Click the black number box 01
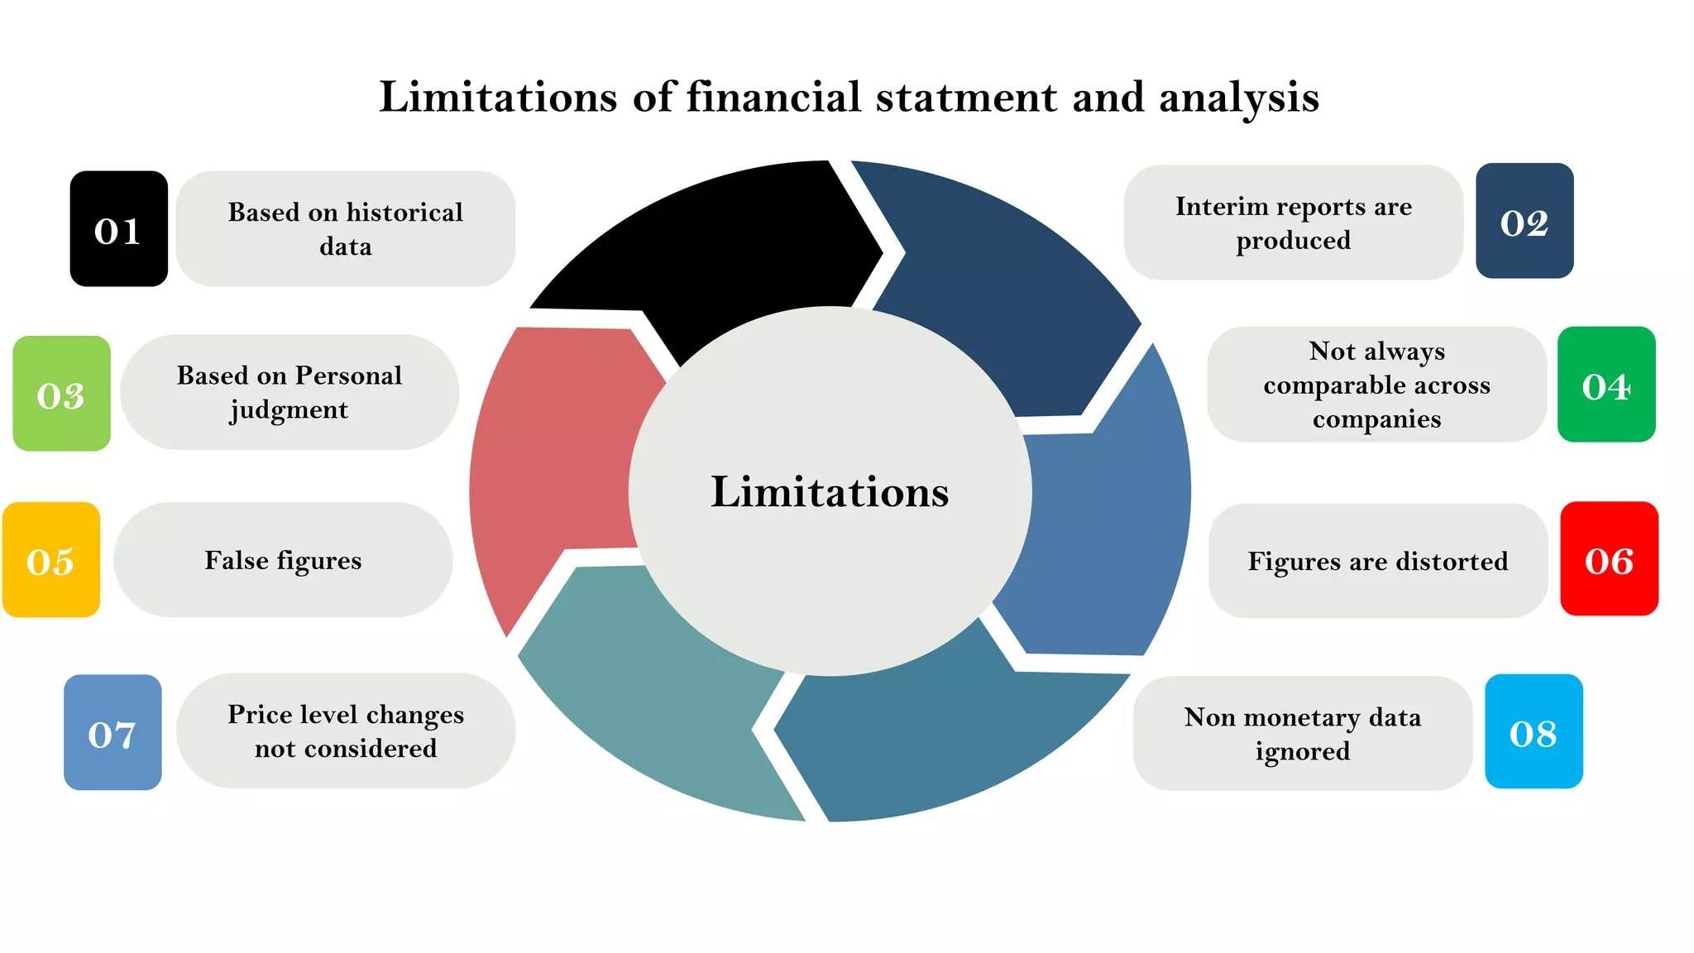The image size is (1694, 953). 118,229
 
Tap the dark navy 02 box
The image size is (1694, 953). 1524,221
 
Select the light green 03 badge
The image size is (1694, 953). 61,394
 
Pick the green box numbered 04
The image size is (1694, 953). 1606,385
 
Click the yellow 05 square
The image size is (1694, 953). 51,560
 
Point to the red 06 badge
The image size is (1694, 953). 1609,559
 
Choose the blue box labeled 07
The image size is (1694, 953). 112,732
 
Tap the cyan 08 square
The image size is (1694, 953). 1534,731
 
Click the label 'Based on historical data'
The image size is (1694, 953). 346,229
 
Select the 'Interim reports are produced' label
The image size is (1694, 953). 1294,223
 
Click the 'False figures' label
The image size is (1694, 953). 283,560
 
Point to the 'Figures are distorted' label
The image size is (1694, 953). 1378,561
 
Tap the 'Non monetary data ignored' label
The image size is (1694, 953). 1303,733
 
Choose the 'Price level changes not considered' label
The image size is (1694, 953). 346,730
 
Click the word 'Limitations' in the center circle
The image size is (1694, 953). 830,491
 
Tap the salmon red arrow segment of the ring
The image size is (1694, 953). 554,463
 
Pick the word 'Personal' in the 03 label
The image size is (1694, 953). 347,376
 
